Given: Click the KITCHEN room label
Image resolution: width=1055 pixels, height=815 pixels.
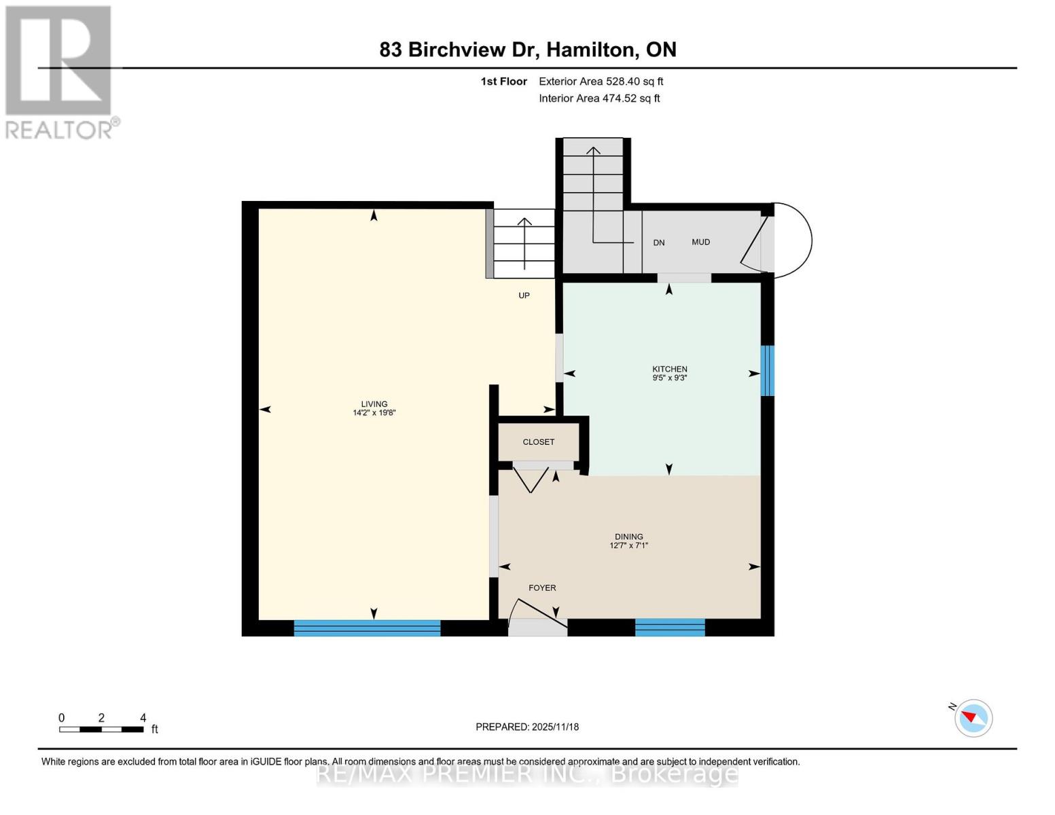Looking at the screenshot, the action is [x=670, y=369].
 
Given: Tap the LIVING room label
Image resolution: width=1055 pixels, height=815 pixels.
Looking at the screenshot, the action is [x=374, y=404].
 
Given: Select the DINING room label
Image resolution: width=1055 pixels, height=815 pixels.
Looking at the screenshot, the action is [x=629, y=537].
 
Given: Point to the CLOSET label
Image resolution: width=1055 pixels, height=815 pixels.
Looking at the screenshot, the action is [x=539, y=441].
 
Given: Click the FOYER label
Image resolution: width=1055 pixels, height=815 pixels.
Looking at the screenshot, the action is [x=542, y=587].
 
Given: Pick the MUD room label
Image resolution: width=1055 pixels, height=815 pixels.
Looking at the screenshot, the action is [x=700, y=242].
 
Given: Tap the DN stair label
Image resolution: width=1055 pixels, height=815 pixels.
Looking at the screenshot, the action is [x=659, y=242].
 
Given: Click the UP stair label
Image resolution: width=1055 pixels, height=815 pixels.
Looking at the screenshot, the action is [x=524, y=295].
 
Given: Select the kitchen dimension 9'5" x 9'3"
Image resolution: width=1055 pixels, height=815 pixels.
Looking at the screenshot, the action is [x=670, y=378].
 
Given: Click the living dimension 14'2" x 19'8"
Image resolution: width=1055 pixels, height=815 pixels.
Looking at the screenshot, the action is [x=374, y=413].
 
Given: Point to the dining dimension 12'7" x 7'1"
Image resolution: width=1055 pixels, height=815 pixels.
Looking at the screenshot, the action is [x=629, y=545].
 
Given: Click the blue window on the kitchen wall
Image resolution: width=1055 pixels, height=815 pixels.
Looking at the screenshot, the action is [x=767, y=370].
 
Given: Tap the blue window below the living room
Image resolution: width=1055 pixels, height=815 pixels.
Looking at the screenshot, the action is [x=367, y=628].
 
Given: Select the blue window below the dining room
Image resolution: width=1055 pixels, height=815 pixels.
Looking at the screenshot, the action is [x=670, y=627].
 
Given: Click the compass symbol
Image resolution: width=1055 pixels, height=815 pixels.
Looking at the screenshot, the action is [x=973, y=718].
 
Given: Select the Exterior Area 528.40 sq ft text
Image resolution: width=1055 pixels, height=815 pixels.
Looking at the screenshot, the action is [x=601, y=81].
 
